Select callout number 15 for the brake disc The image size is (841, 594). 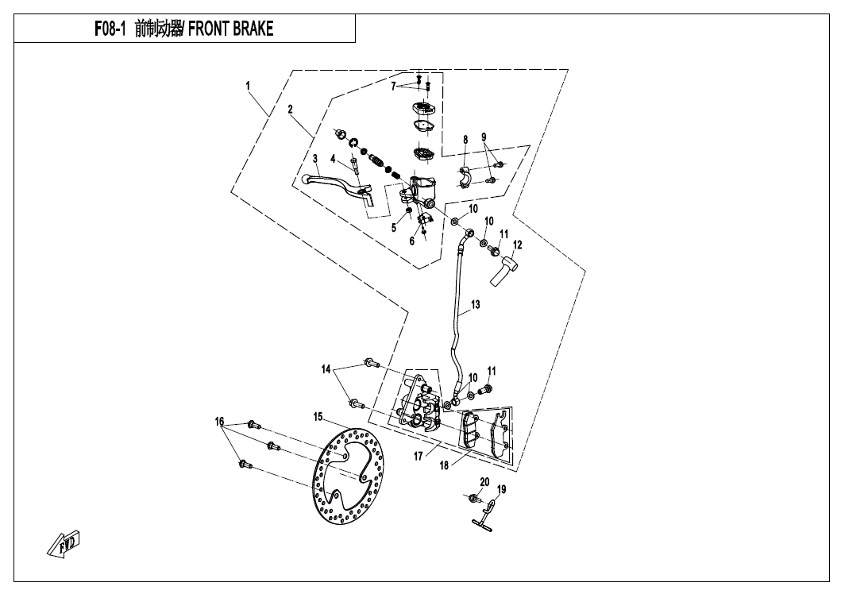317,416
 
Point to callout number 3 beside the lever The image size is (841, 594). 292,159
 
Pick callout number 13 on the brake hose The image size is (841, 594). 476,304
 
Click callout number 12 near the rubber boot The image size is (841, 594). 517,245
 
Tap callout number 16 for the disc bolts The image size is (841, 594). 219,421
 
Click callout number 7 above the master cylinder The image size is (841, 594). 392,85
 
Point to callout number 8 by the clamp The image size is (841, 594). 465,140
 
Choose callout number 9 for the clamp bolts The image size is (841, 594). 484,137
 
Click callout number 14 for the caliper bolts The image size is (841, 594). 326,369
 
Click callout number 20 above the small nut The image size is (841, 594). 484,481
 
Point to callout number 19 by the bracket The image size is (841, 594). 501,489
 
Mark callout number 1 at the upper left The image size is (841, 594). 248,84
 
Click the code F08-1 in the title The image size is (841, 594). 110,29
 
